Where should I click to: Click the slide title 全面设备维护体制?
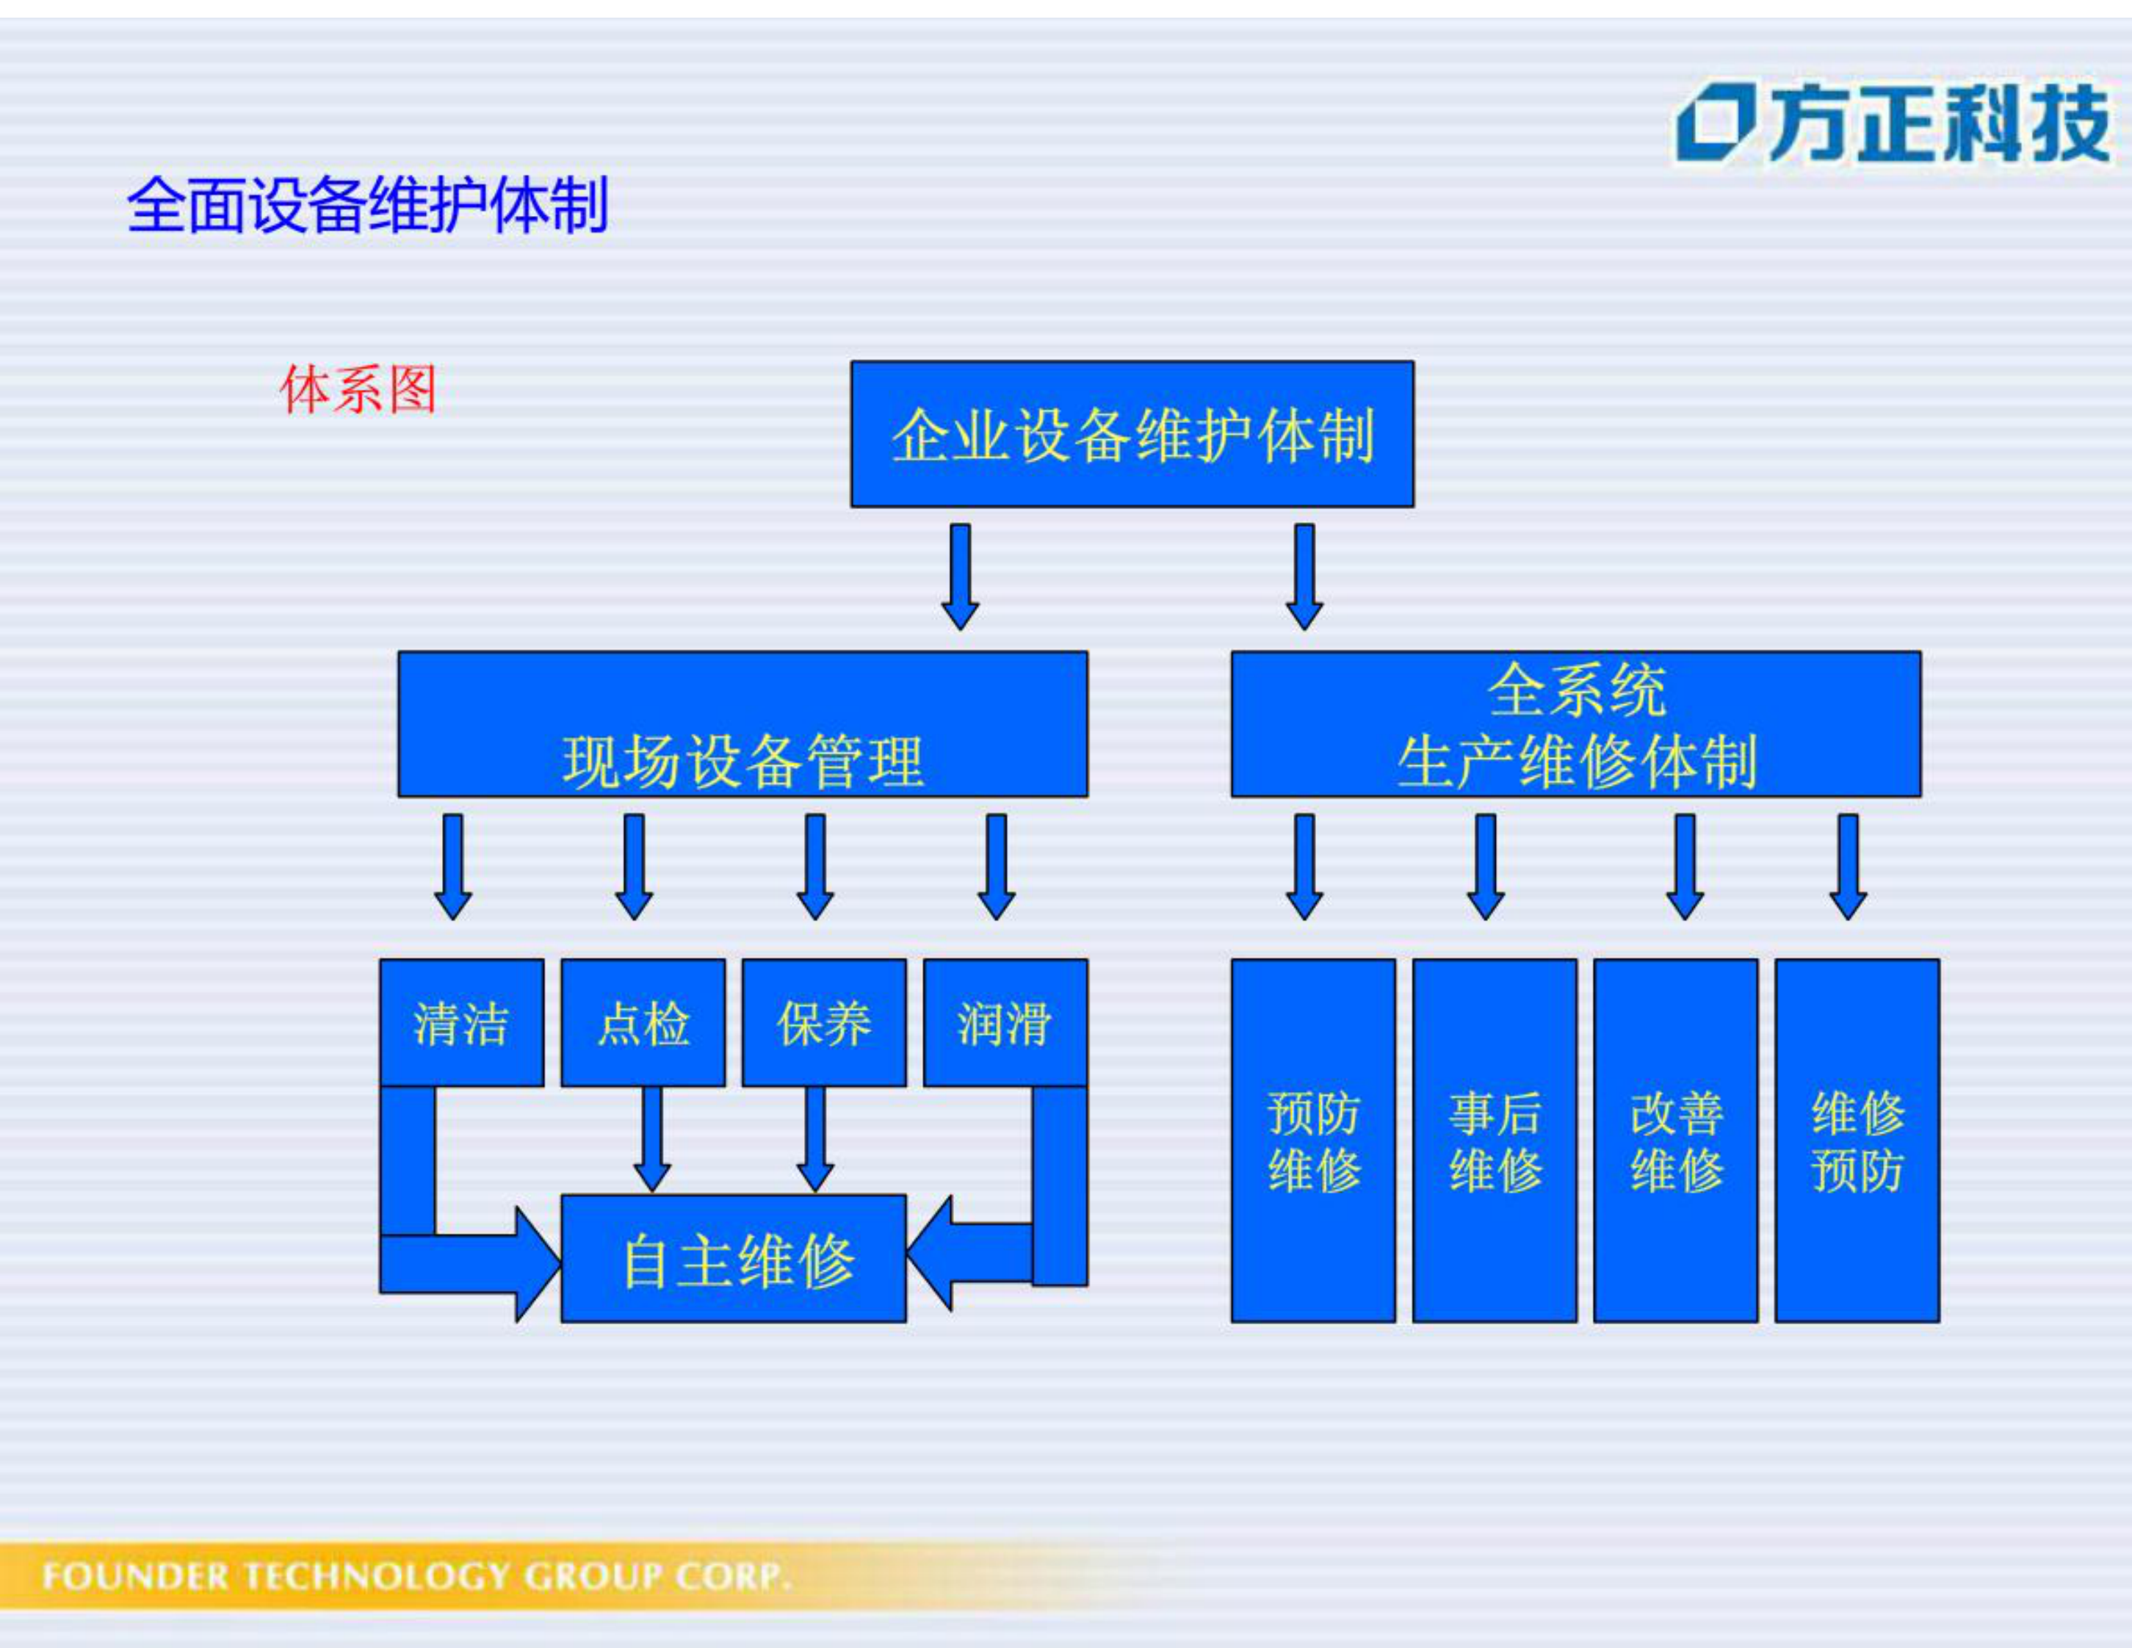coord(367,205)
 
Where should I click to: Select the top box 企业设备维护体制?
coord(1132,435)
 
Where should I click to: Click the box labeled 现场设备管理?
coord(742,724)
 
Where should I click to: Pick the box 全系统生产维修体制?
coord(1575,724)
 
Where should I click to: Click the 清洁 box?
coord(460,1022)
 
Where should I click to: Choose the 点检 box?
coord(643,1022)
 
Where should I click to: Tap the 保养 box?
coord(824,1022)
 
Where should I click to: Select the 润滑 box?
coord(1005,1022)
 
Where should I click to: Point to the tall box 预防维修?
coord(1313,1141)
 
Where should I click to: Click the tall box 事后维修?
coord(1495,1141)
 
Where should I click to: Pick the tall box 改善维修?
coord(1676,1141)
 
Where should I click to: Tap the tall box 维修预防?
coord(1857,1141)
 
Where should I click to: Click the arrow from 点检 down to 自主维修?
coord(651,1138)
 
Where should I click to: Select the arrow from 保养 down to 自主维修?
coord(815,1138)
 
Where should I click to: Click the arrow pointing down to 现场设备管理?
coord(960,576)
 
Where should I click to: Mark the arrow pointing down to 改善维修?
coord(1685,866)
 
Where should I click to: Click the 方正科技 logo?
coord(1892,124)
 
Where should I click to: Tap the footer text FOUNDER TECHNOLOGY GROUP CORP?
coord(415,1575)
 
